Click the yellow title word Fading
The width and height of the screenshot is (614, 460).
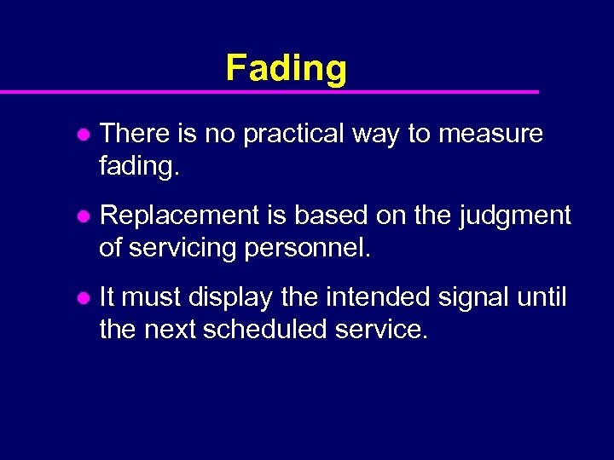pos(286,68)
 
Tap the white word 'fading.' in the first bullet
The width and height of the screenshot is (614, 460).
pos(140,165)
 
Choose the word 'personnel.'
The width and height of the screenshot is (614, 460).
pos(310,248)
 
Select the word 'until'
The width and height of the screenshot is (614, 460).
pos(543,298)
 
